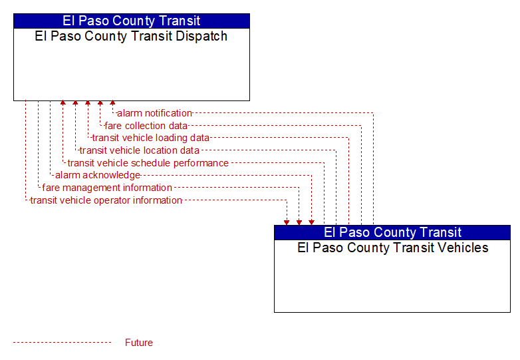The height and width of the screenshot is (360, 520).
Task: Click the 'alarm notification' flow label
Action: [x=154, y=113]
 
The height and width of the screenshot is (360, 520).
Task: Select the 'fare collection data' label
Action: [x=146, y=126]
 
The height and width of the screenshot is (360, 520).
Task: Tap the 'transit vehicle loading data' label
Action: [x=150, y=138]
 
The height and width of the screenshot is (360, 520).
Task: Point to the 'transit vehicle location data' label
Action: [x=139, y=150]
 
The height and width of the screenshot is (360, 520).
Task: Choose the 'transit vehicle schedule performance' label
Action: [x=148, y=163]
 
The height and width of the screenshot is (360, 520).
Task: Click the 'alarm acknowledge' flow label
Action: [x=98, y=175]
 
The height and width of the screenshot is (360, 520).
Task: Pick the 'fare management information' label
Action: [x=107, y=188]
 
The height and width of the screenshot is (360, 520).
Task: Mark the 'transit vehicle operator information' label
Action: [x=106, y=200]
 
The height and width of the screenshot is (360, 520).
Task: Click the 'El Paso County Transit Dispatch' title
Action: [x=131, y=36]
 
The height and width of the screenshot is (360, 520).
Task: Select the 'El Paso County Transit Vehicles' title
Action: [x=392, y=248]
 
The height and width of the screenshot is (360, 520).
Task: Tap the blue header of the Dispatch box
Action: [x=132, y=21]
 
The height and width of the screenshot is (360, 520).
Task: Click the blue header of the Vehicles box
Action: [x=392, y=232]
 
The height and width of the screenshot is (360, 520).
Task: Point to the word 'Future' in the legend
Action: [x=138, y=343]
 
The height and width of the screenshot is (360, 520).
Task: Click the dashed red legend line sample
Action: [x=62, y=343]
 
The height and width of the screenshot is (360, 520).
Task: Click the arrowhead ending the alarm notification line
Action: [x=113, y=103]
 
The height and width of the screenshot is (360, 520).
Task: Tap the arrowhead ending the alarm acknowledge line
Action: [x=311, y=222]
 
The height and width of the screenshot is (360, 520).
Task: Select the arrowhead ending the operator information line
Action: [x=287, y=222]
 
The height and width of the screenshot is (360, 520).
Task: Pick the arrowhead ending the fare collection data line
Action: [x=100, y=103]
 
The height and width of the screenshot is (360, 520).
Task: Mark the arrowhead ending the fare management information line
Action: [x=299, y=222]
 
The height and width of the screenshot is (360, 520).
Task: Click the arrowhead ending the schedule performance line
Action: [x=63, y=103]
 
